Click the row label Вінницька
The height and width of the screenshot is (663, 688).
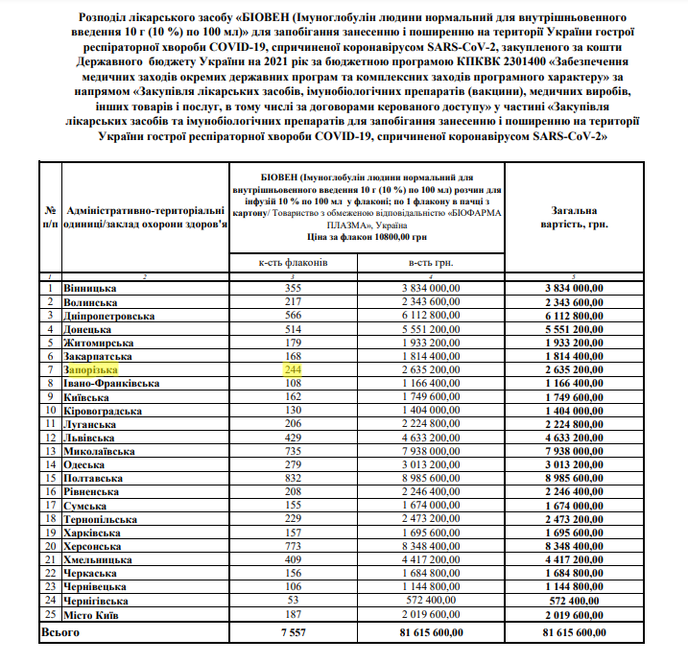pos(90,288)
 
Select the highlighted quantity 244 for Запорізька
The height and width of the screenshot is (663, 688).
pos(294,369)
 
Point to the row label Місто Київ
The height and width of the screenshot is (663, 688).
pos(91,613)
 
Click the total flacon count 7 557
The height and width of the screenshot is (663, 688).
pos(294,633)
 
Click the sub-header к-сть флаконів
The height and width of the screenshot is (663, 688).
pos(294,261)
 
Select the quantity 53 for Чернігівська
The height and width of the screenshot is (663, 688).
pos(294,600)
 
